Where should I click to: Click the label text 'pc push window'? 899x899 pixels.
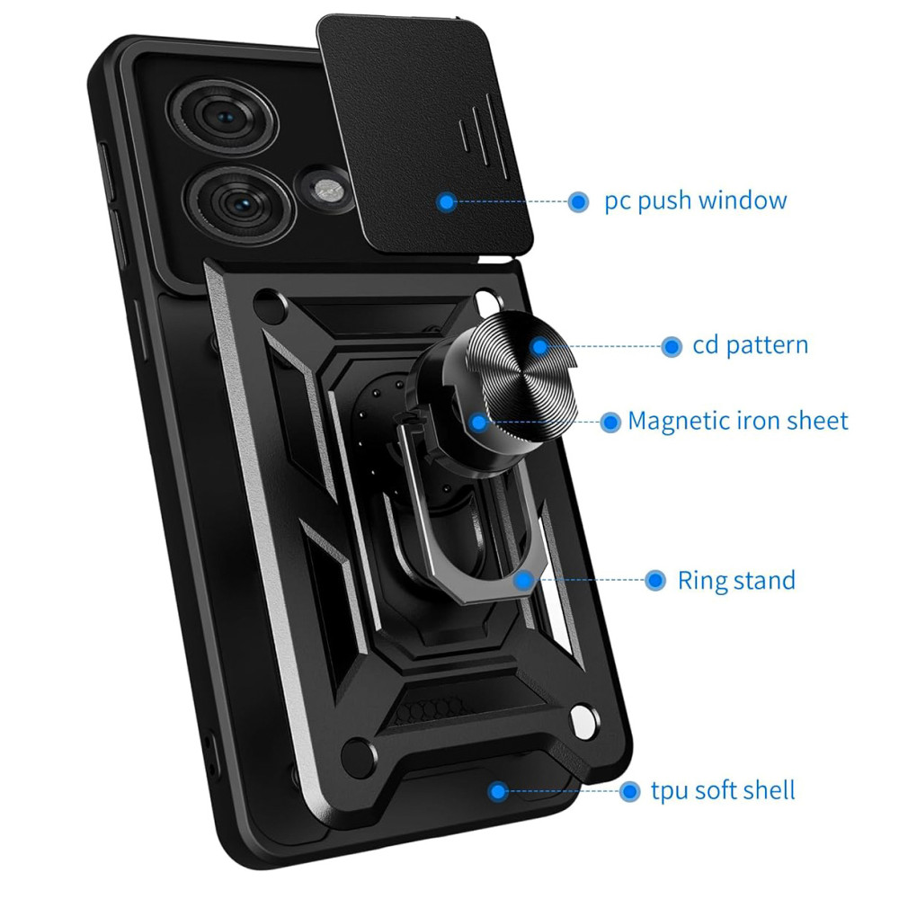point(695,200)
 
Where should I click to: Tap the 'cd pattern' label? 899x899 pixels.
point(750,345)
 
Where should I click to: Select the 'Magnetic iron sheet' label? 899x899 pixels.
point(737,421)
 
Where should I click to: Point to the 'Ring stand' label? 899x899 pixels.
point(736,580)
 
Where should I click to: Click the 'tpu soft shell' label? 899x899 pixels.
point(723,791)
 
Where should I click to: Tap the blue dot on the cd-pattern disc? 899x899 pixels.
point(539,345)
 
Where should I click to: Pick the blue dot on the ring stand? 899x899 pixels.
point(522,580)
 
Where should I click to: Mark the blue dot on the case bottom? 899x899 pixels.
point(495,791)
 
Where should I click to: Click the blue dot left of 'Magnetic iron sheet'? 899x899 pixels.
point(610,421)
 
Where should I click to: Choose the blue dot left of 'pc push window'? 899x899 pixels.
point(578,201)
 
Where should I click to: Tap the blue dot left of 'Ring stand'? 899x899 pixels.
point(656,580)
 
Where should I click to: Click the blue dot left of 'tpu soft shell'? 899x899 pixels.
point(630,791)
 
